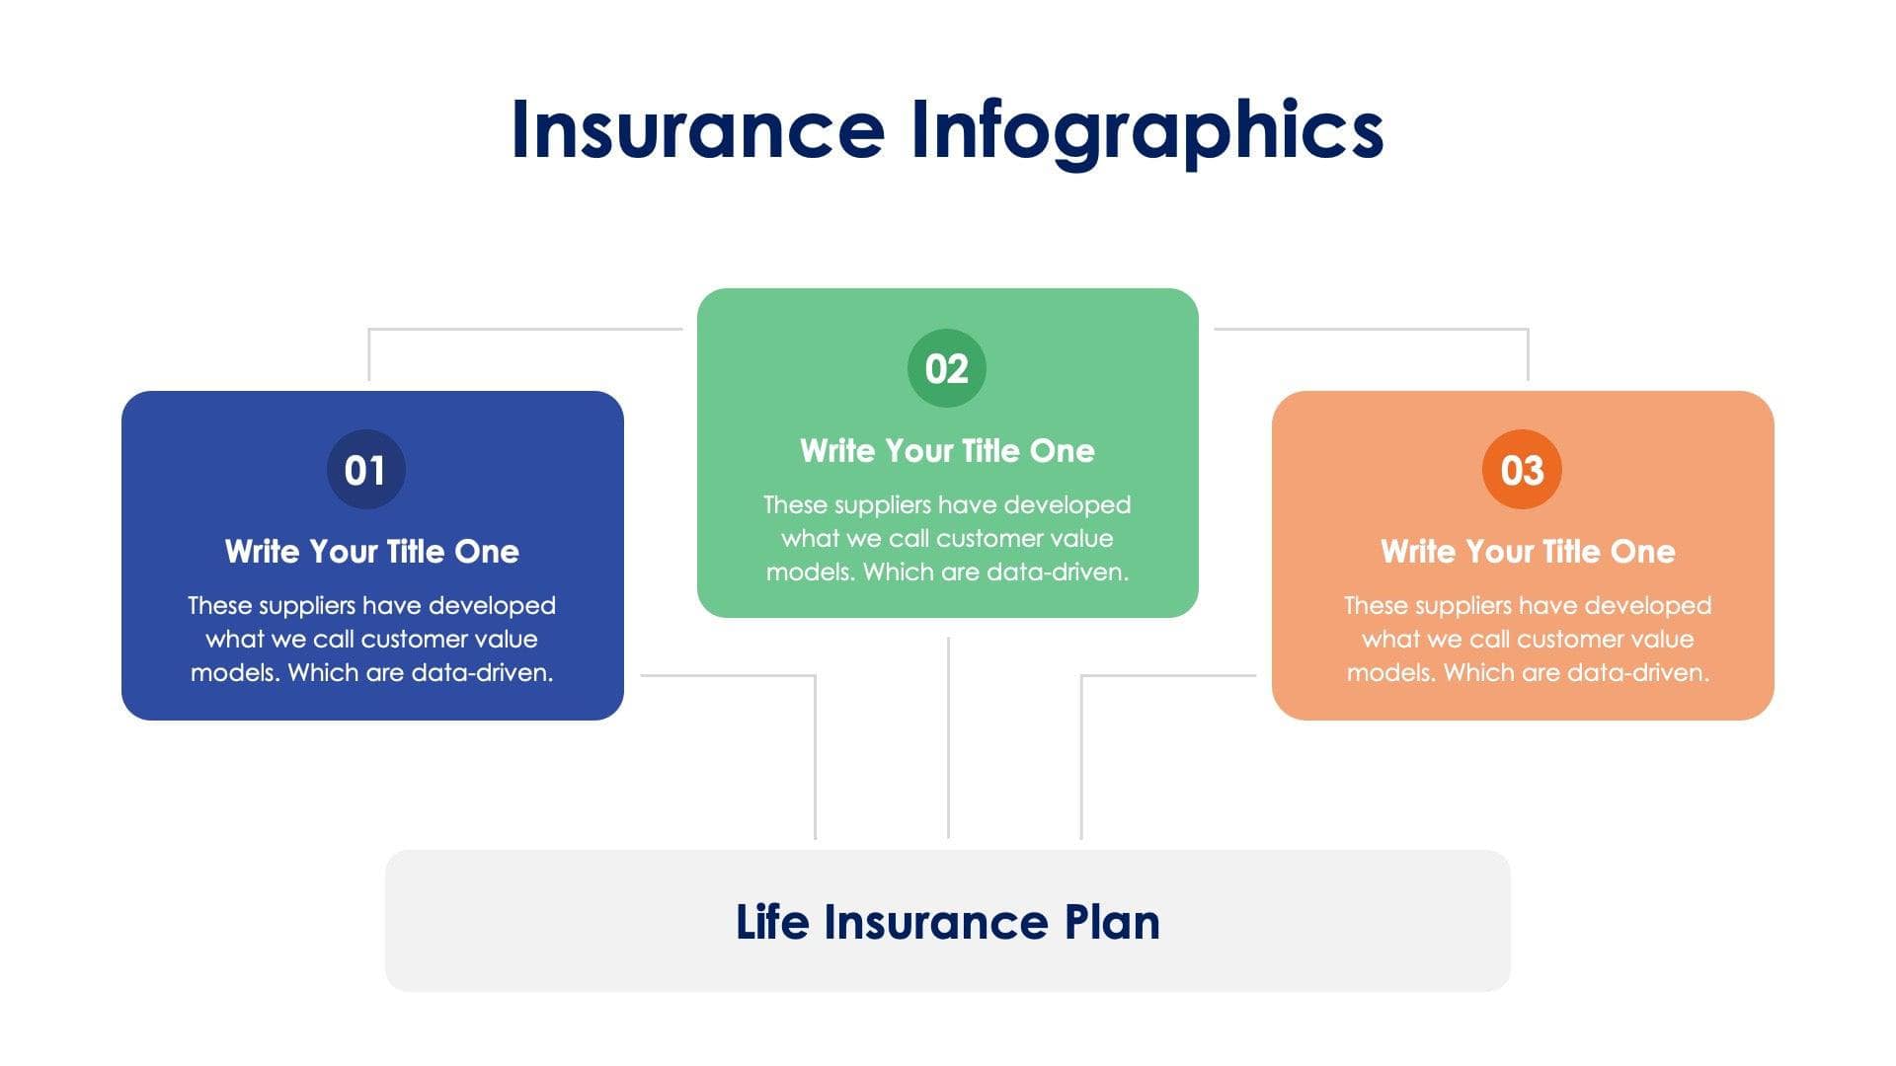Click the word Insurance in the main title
point(697,130)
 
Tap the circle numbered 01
point(365,470)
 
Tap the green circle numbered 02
point(946,368)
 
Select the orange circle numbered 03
point(1522,470)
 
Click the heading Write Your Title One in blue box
point(371,551)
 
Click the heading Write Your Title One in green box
point(947,450)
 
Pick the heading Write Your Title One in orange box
point(1527,551)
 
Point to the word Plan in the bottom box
point(1111,922)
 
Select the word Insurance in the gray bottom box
point(935,922)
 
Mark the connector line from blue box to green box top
point(523,329)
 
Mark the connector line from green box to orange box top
point(1373,329)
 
